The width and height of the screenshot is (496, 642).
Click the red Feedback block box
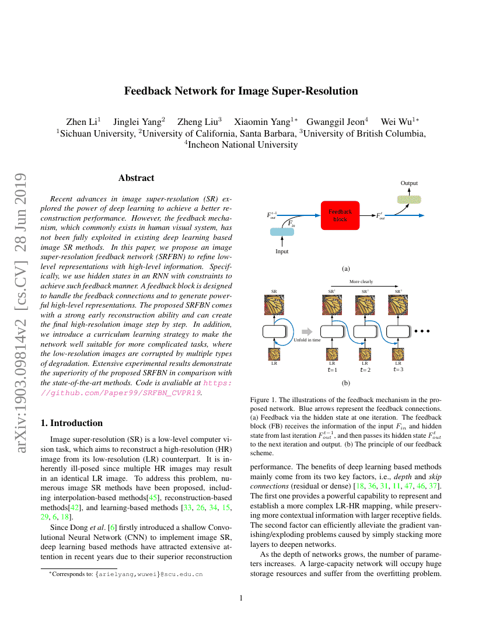tap(340, 215)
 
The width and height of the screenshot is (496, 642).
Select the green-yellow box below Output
tap(409, 200)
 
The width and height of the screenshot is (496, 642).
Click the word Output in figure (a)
tap(409, 183)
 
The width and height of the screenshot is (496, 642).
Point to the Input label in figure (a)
tap(282, 252)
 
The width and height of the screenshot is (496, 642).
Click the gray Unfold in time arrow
tap(303, 332)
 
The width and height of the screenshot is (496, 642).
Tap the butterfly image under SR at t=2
tap(365, 306)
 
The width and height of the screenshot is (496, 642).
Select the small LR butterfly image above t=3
tap(399, 354)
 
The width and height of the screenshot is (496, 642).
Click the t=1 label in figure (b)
tap(333, 369)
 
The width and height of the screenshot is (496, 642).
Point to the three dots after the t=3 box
tap(421, 332)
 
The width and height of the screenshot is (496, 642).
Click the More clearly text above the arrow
tap(361, 282)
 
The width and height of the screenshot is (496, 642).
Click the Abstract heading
tap(137, 178)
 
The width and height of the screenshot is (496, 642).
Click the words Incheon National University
tap(243, 145)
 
